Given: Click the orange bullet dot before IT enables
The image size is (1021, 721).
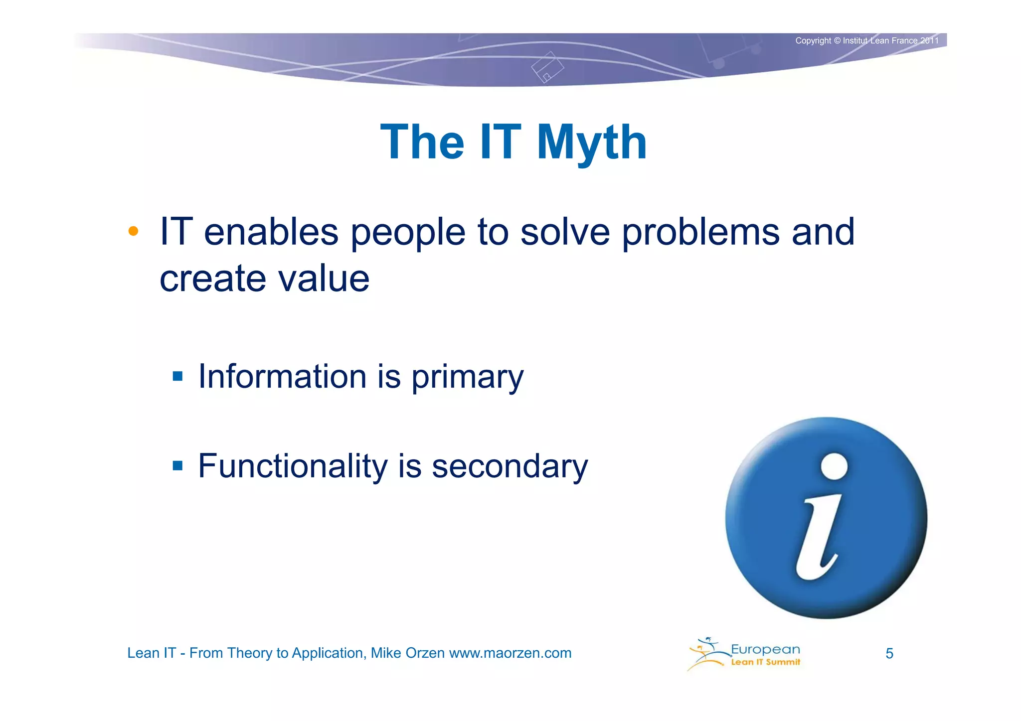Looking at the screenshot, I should [x=133, y=231].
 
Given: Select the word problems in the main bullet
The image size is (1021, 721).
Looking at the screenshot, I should [x=700, y=233].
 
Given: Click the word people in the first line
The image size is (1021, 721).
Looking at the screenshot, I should [x=408, y=233].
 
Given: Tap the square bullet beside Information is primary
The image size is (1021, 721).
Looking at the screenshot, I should [x=177, y=376].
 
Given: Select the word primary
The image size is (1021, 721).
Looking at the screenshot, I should [x=467, y=377].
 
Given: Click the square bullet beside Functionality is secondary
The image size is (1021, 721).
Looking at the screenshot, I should [x=177, y=466].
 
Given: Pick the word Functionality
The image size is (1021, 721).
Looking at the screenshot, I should [x=293, y=466].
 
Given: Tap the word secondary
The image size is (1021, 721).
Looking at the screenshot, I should [x=510, y=466].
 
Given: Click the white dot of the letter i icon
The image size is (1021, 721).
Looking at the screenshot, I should [x=834, y=466].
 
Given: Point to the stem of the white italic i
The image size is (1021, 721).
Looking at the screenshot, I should [x=818, y=538].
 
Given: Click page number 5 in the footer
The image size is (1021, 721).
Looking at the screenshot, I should [x=889, y=654].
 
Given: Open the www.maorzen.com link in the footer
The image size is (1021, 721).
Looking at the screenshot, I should [x=510, y=653].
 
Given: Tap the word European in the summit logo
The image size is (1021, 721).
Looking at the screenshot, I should [x=765, y=649].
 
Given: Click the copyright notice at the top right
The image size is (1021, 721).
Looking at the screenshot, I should [x=866, y=41].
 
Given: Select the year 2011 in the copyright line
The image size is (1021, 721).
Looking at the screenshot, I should [x=929, y=41].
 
